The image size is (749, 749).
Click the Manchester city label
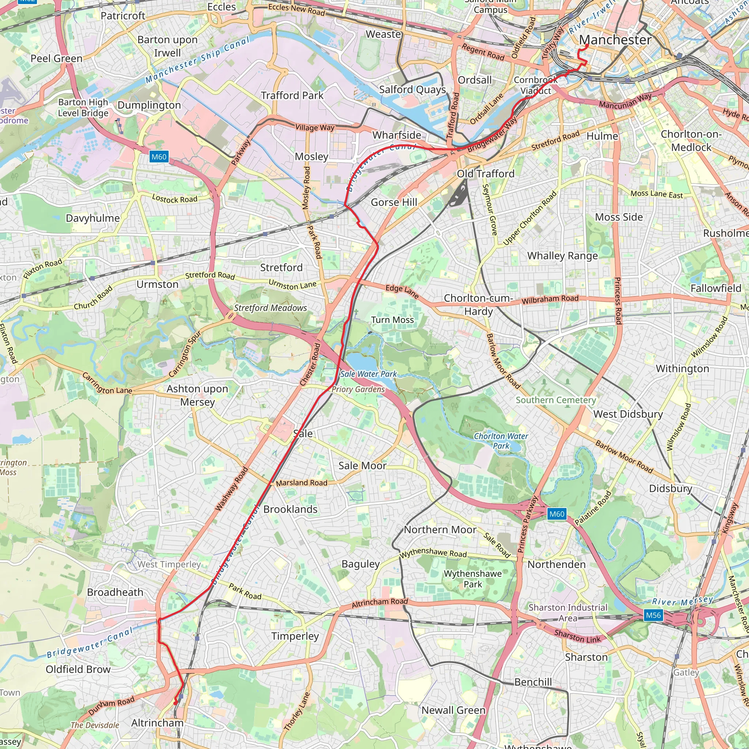point(615,39)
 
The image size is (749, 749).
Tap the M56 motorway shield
point(653,615)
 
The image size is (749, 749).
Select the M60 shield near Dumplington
point(159,157)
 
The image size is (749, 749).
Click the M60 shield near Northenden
point(557,514)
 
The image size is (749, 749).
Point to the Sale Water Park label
point(368,374)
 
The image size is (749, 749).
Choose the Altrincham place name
point(157,723)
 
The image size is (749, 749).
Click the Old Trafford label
point(485,174)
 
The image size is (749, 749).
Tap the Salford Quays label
point(413,90)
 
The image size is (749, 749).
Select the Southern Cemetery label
point(556,400)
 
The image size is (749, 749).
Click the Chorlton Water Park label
point(501,441)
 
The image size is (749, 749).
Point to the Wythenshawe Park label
point(473,579)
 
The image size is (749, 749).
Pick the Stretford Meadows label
point(270,308)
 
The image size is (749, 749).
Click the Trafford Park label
point(292,95)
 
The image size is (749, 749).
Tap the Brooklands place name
point(290,509)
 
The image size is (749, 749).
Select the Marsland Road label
point(302,483)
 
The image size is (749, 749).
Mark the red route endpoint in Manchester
point(587,46)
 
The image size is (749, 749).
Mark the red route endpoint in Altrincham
point(175,703)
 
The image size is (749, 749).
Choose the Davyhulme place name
point(93,218)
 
